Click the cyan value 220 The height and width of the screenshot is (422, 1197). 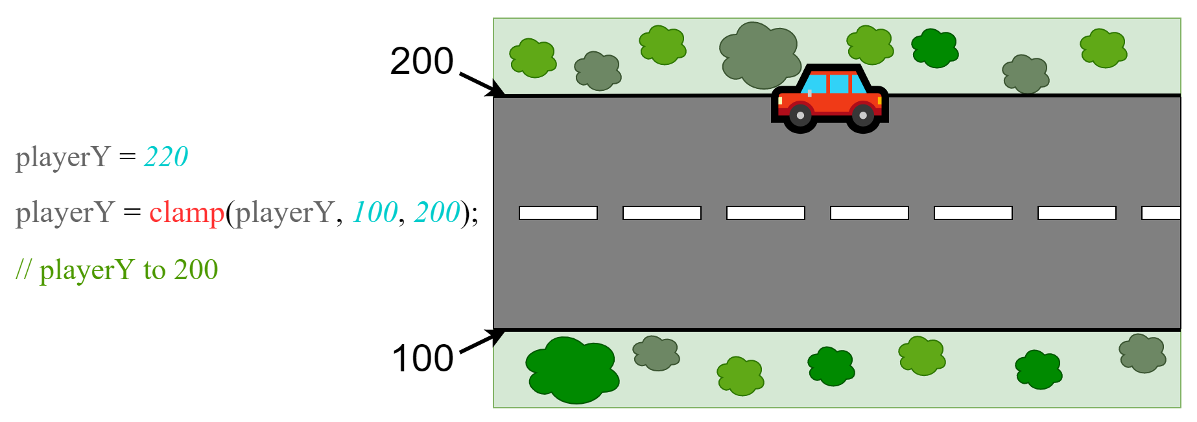[166, 157]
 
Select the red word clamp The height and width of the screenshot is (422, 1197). [187, 213]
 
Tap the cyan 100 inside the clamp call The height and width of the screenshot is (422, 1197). [375, 213]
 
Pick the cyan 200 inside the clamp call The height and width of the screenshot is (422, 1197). [437, 213]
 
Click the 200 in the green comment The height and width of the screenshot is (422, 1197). [196, 270]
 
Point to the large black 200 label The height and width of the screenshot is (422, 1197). [421, 62]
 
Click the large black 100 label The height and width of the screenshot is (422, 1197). [423, 358]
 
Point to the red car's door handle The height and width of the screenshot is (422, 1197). [810, 93]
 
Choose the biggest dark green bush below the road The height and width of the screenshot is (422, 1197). [571, 370]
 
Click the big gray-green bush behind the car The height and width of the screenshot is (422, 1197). [759, 55]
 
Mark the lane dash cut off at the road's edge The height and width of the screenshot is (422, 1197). [1161, 213]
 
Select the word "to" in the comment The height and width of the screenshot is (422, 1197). [154, 270]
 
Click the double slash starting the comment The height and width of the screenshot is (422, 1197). [23, 269]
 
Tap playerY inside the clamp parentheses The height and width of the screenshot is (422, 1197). [284, 213]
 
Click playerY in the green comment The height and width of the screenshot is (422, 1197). [87, 270]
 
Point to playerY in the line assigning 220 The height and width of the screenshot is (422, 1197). [62, 157]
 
